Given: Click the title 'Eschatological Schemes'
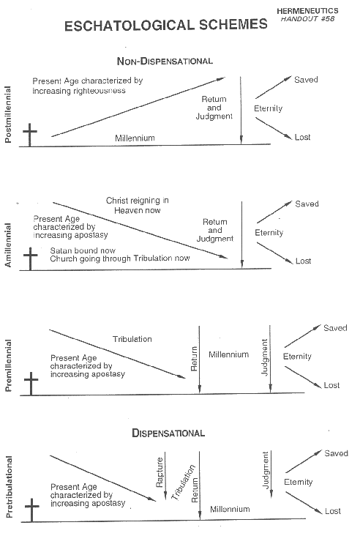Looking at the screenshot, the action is (x=165, y=26).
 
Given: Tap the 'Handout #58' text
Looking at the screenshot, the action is (x=307, y=19).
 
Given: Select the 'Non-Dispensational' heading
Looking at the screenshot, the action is (x=165, y=62).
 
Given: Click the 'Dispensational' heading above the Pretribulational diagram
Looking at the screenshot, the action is (x=168, y=433).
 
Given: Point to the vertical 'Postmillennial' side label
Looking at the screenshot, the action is (x=7, y=114).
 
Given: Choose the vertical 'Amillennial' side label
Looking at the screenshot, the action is (x=7, y=245).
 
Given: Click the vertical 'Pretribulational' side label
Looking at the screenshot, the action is (x=9, y=487).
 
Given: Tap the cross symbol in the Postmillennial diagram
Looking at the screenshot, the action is (x=30, y=135).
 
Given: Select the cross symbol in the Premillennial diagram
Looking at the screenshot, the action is (x=31, y=384).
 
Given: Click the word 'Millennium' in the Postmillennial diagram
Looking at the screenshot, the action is (x=135, y=138).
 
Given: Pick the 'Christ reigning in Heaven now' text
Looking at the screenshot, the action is (x=138, y=205).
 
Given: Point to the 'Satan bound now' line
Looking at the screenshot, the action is (x=83, y=250).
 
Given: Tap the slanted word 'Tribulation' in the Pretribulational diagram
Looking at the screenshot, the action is (x=183, y=483).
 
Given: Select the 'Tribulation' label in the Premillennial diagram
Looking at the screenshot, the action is (x=132, y=339).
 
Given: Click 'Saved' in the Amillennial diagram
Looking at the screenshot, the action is (x=307, y=204).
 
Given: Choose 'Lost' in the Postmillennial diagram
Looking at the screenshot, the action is (x=303, y=137).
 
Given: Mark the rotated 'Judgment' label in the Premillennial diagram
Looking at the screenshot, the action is (x=265, y=357).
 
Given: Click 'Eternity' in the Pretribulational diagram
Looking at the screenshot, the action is (x=299, y=482).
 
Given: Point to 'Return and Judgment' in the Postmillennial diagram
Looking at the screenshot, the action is (x=214, y=108).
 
